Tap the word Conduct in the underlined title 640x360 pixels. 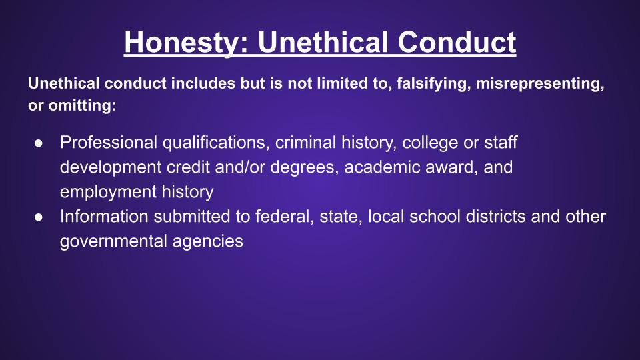pyautogui.click(x=457, y=42)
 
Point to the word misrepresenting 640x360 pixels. pyautogui.click(x=540, y=84)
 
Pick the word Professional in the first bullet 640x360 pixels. pyautogui.click(x=109, y=143)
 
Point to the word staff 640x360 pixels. pyautogui.click(x=501, y=143)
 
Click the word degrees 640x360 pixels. pyautogui.click(x=305, y=168)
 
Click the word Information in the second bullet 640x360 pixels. pyautogui.click(x=104, y=216)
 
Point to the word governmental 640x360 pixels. pyautogui.click(x=113, y=241)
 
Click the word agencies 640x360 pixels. pyautogui.click(x=208, y=242)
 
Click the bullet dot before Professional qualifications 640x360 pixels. pyautogui.click(x=39, y=143)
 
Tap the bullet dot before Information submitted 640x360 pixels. pyautogui.click(x=39, y=217)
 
